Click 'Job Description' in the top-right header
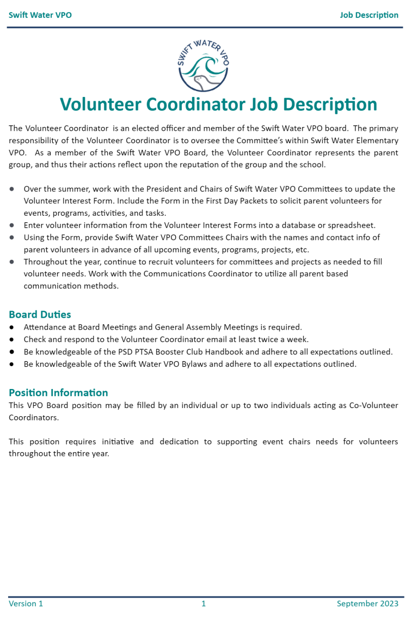click(369, 15)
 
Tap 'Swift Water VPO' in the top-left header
click(40, 15)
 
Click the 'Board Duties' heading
click(40, 314)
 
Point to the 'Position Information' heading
click(58, 392)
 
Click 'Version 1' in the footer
click(26, 603)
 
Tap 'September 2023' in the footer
click(367, 603)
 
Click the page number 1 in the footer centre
click(204, 603)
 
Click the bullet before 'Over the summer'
click(12, 189)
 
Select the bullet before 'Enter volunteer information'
click(12, 225)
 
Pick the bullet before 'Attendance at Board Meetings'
click(12, 327)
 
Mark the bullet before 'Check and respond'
click(12, 339)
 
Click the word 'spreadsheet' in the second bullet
click(352, 225)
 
